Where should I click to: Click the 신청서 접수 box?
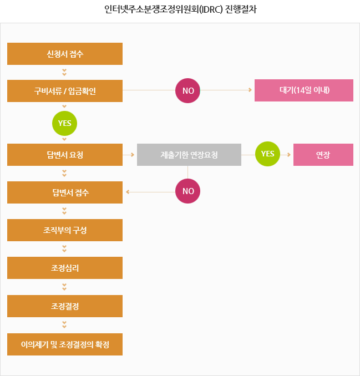[65, 54]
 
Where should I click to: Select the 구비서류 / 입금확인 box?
[65, 91]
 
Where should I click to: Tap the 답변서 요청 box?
[65, 155]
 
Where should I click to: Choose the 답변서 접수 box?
[65, 192]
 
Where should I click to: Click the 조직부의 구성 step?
[65, 230]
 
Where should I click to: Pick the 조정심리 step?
[65, 268]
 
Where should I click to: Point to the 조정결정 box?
[65, 306]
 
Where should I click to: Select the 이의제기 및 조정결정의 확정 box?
[65, 344]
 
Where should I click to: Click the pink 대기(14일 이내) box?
[304, 90]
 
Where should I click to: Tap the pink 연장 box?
[323, 155]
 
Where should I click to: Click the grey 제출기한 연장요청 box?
[189, 155]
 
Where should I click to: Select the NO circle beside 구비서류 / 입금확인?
[188, 90]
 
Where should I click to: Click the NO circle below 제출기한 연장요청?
[188, 192]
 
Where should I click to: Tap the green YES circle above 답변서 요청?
[64, 123]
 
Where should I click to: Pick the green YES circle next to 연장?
[267, 154]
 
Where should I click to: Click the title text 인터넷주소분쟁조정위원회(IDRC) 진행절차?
[180, 9]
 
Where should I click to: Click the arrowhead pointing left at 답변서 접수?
[129, 192]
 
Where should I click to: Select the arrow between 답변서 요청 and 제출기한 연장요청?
[129, 155]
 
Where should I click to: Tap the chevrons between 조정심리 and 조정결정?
[64, 287]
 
